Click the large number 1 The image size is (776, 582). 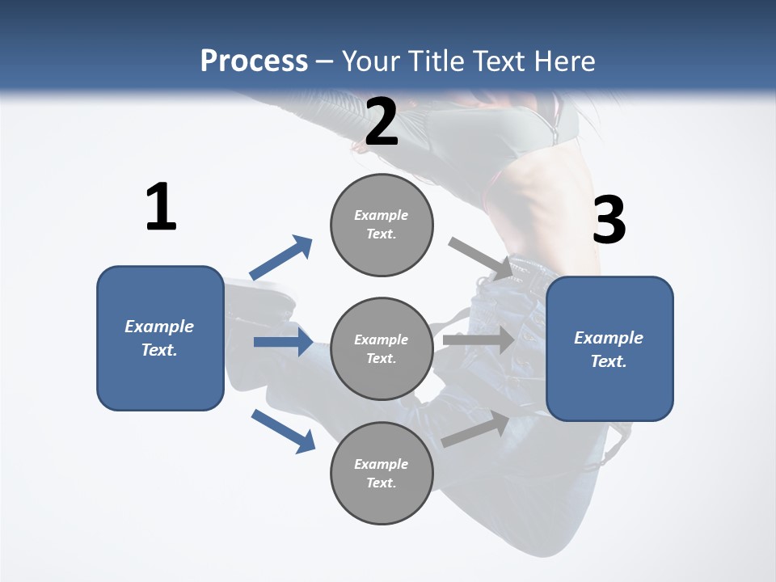pyautogui.click(x=161, y=208)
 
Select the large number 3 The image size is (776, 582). pyautogui.click(x=609, y=220)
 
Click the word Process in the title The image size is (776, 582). pyautogui.click(x=254, y=61)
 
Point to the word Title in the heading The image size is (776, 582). pyautogui.click(x=434, y=61)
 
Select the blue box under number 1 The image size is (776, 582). pyautogui.click(x=160, y=338)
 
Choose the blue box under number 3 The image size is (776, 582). pyautogui.click(x=609, y=348)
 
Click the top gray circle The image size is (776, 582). pyautogui.click(x=382, y=225)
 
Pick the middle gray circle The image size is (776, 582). pyautogui.click(x=382, y=348)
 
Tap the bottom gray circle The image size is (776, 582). pyautogui.click(x=382, y=473)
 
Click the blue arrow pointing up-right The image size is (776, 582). pyautogui.click(x=280, y=258)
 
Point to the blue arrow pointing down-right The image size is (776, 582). pyautogui.click(x=283, y=431)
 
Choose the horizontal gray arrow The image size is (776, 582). pyautogui.click(x=478, y=339)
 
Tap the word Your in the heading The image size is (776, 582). pyautogui.click(x=369, y=61)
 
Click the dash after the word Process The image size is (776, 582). pyautogui.click(x=325, y=61)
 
